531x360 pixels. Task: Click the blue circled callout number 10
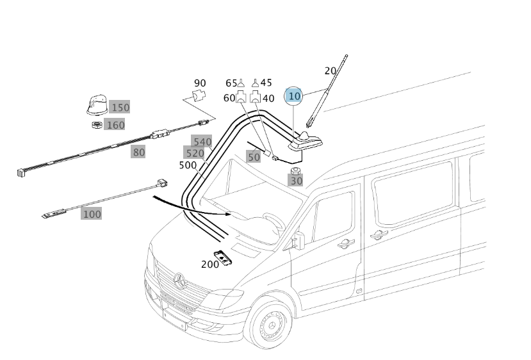pos(294,96)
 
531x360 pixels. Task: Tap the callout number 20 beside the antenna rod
pos(331,70)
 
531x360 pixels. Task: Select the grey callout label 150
pos(119,107)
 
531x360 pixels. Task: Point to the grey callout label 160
pos(115,125)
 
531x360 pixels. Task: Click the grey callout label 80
pos(138,152)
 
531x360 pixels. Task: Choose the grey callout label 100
pos(92,214)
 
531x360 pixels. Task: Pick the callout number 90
pos(200,83)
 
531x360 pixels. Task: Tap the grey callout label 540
pos(202,142)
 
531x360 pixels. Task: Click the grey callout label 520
pos(194,153)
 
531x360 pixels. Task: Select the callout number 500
pos(188,165)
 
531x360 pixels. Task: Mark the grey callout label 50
pos(254,156)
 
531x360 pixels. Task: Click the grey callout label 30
pos(296,181)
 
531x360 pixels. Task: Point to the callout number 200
pos(209,264)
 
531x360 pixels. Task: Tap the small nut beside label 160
pos(96,124)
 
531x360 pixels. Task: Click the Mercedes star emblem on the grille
pos(180,280)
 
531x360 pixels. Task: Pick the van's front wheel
pos(270,324)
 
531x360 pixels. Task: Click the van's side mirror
pos(298,240)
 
